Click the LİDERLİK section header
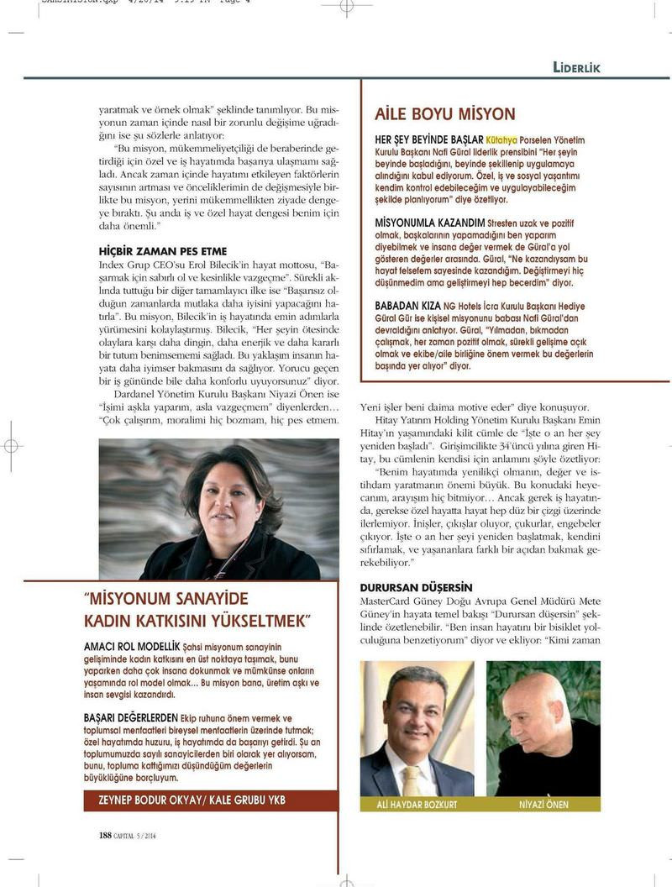tap(576, 68)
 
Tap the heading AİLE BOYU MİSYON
tap(444, 114)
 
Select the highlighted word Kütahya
tap(501, 139)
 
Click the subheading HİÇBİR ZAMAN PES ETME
tap(163, 251)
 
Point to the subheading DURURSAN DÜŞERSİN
tap(416, 587)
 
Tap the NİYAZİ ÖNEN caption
tap(543, 805)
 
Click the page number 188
tap(106, 835)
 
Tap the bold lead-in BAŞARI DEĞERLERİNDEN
tap(131, 719)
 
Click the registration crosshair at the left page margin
tap(12, 445)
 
